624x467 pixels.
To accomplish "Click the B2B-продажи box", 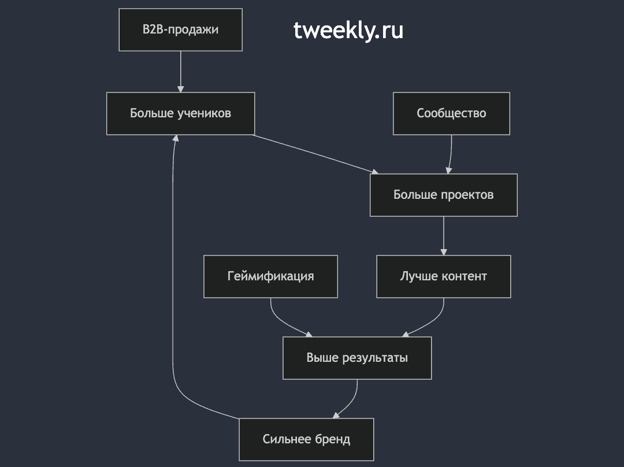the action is pyautogui.click(x=181, y=30).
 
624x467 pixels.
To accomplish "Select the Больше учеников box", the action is pyautogui.click(x=181, y=113).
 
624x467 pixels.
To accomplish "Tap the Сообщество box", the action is pyautogui.click(x=451, y=113).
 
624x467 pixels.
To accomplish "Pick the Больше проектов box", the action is pyautogui.click(x=444, y=195).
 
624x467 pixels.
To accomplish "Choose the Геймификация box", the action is pyautogui.click(x=270, y=277).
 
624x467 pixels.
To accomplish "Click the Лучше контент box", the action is pyautogui.click(x=444, y=277).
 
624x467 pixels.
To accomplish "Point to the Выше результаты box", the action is pyautogui.click(x=357, y=358).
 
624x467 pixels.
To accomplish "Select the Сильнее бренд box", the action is pyautogui.click(x=306, y=439).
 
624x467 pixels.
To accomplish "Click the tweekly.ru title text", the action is pyautogui.click(x=348, y=30).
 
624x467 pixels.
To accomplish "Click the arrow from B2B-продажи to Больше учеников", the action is pyautogui.click(x=181, y=72).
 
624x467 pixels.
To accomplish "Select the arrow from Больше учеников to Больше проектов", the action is pyautogui.click(x=315, y=154).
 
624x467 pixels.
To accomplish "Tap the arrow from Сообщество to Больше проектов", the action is pyautogui.click(x=451, y=154).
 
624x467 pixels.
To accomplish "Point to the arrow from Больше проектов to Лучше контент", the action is pyautogui.click(x=444, y=236).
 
